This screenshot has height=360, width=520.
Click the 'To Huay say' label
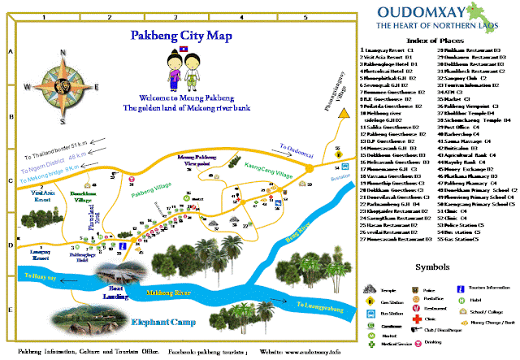coord(38,276)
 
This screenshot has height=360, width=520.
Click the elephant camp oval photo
coord(97,312)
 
